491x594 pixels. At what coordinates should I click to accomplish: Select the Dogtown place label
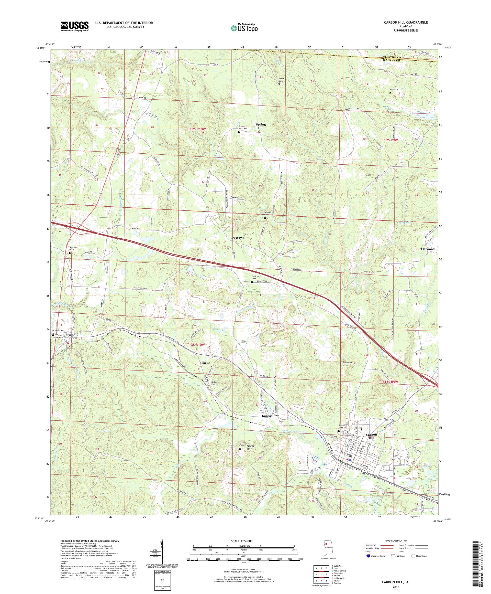click(238, 238)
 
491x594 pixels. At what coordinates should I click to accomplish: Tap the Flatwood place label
click(427, 249)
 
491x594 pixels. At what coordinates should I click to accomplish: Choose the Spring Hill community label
click(261, 126)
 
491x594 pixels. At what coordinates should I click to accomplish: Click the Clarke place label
click(205, 363)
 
